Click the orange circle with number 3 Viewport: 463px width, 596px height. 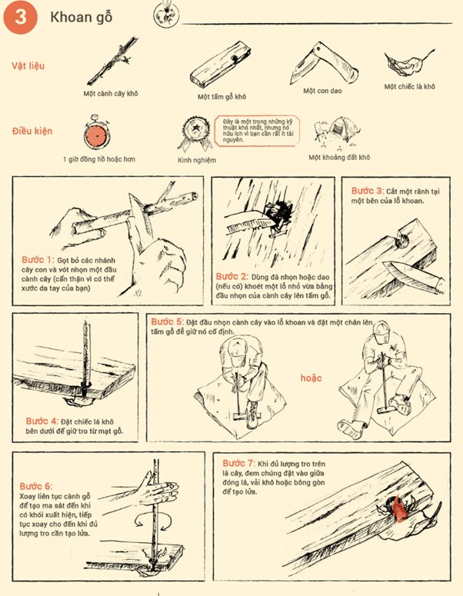[20, 19]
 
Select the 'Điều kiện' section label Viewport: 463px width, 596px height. [32, 132]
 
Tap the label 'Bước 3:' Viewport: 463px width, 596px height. [367, 190]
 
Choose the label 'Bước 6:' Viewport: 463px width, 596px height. [37, 486]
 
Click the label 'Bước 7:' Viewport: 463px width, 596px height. [238, 464]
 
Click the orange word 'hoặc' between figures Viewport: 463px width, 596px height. [311, 378]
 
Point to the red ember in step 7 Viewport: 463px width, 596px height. [398, 509]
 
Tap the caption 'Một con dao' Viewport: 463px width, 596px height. [321, 91]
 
